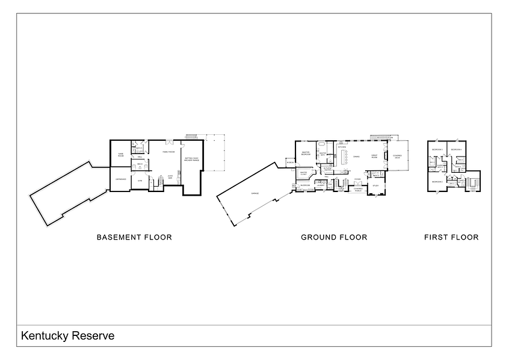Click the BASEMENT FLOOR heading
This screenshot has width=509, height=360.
(x=134, y=237)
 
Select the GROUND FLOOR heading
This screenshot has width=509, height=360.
(x=334, y=237)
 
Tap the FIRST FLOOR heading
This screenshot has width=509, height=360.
(x=451, y=237)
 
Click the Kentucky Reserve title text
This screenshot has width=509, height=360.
(x=67, y=335)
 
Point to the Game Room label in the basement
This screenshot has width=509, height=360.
(x=120, y=155)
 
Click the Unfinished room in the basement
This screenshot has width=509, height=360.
(x=119, y=179)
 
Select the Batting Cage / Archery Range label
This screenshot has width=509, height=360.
(x=193, y=160)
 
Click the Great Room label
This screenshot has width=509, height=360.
(x=375, y=157)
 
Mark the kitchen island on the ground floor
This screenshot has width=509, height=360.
(x=345, y=158)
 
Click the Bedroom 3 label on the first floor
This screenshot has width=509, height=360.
(x=437, y=149)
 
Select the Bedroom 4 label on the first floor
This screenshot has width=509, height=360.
(x=457, y=149)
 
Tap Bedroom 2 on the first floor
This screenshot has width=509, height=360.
(x=437, y=182)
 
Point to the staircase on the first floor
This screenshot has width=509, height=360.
(x=474, y=182)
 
